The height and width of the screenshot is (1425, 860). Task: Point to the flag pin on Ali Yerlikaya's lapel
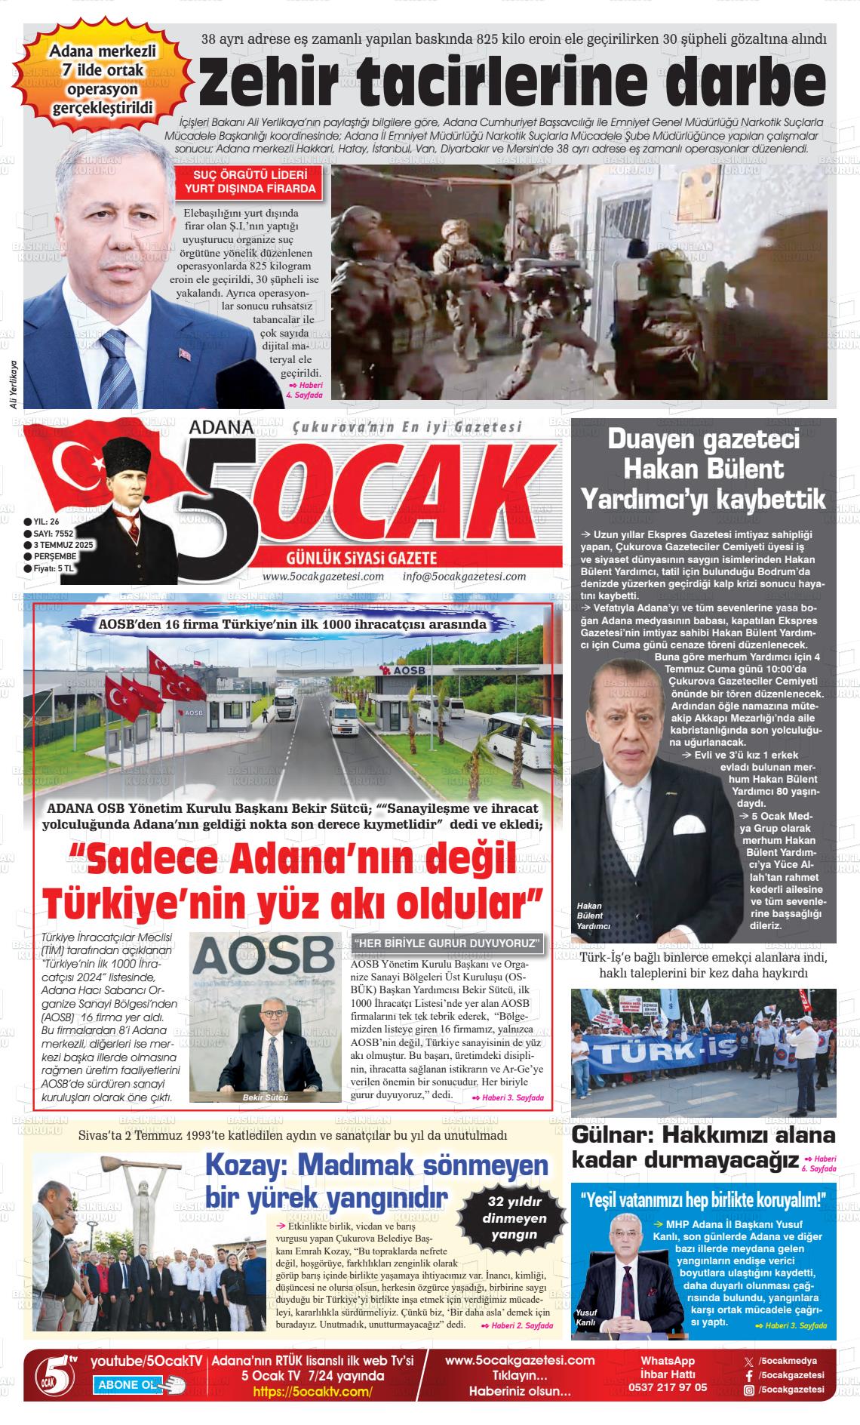(x=185, y=352)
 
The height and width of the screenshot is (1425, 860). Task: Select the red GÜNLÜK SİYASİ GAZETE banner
(x=362, y=559)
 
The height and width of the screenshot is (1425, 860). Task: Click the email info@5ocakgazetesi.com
(x=464, y=577)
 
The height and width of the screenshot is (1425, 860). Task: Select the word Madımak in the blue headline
(x=378, y=1166)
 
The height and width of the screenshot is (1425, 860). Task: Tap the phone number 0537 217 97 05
(x=668, y=1387)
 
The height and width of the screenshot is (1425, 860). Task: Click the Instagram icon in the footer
(x=748, y=1389)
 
